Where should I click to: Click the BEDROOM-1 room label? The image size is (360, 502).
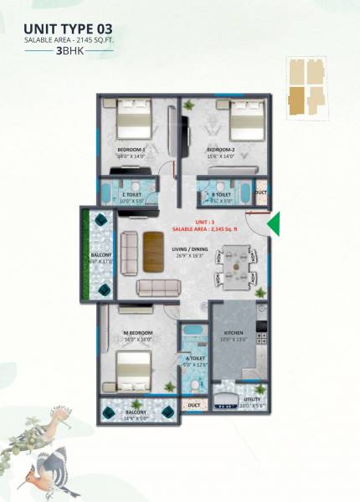[131, 150]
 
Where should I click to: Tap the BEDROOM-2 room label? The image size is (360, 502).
[221, 150]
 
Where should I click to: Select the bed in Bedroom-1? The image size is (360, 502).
[132, 120]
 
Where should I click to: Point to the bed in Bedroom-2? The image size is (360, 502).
[246, 121]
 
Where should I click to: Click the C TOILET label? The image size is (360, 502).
[134, 194]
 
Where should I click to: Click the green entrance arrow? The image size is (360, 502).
[274, 223]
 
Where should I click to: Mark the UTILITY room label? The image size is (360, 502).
[252, 400]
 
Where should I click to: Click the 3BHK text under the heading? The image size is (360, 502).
[69, 51]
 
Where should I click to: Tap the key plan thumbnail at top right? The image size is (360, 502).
[306, 86]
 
